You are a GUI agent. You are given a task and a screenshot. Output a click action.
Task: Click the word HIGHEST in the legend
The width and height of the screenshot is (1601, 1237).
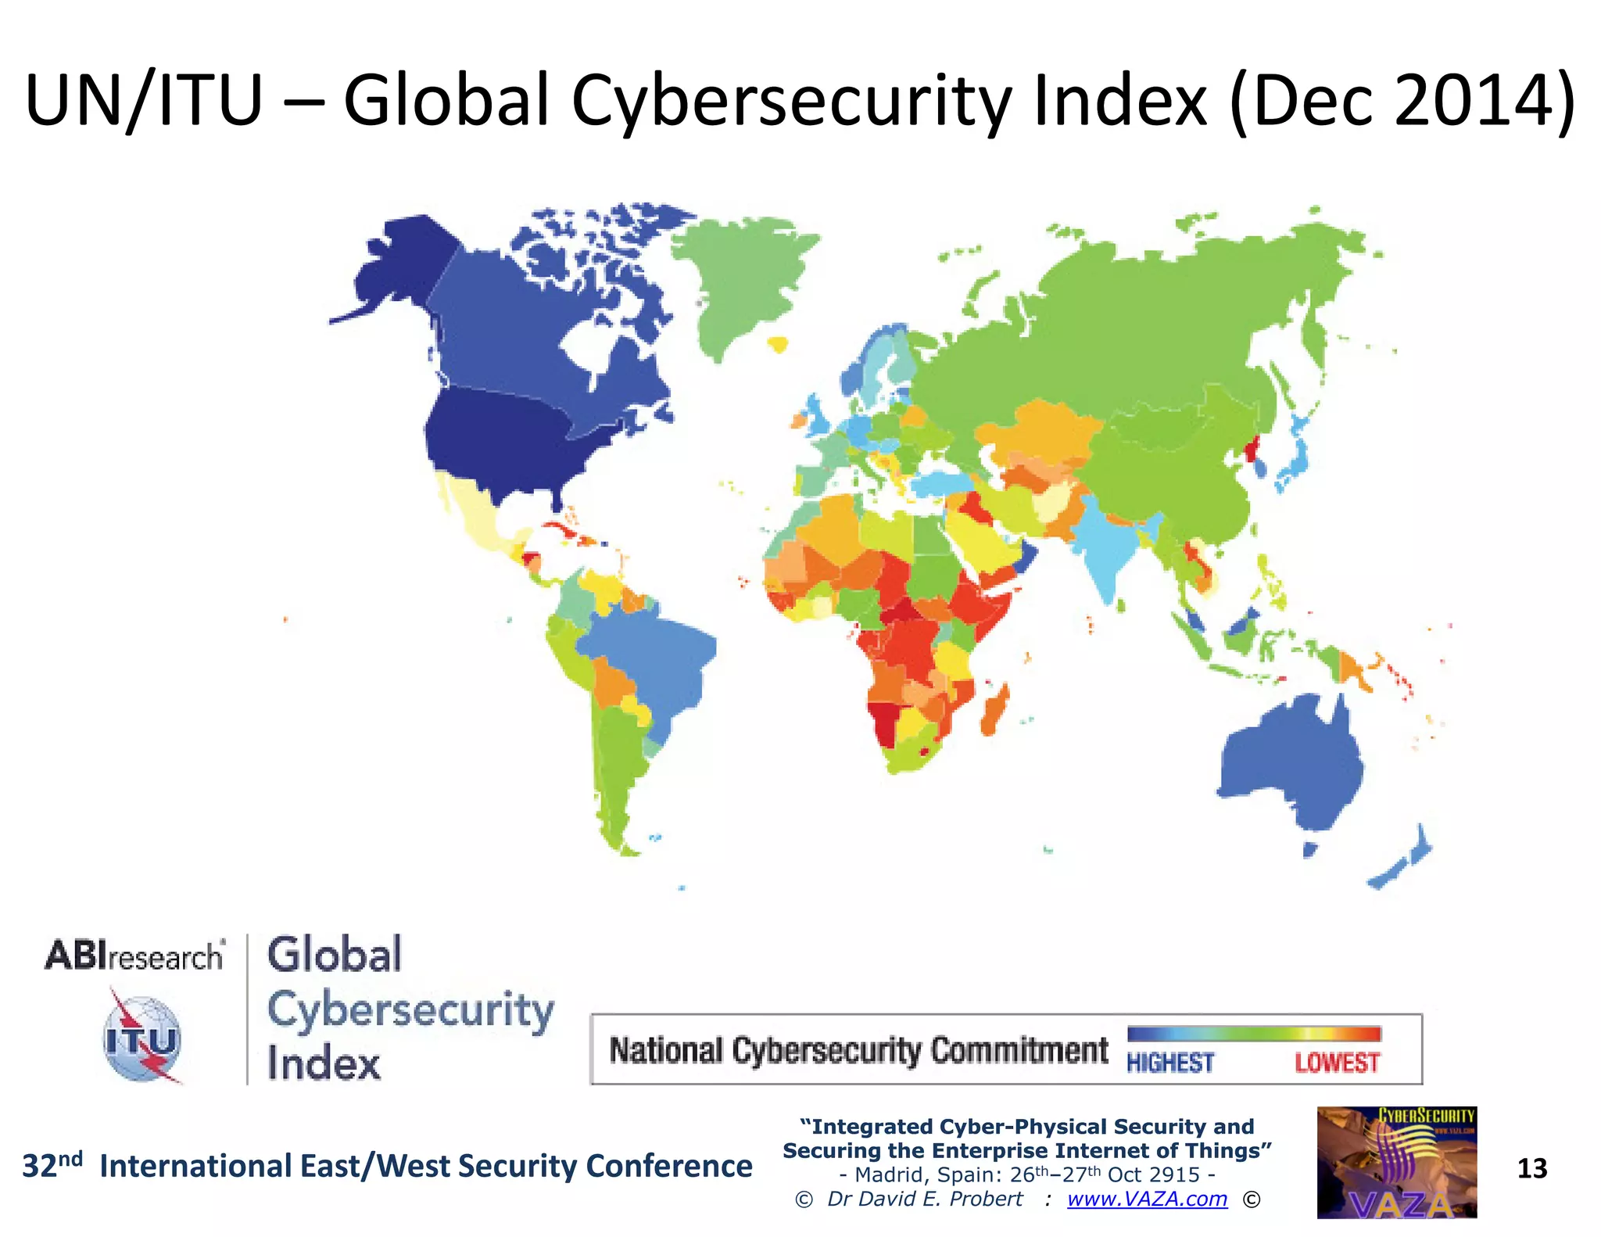(x=1169, y=1063)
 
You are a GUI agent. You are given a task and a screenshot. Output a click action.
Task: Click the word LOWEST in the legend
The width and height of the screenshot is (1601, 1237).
(x=1337, y=1063)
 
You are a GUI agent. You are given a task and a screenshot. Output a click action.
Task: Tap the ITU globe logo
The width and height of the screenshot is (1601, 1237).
(x=143, y=1039)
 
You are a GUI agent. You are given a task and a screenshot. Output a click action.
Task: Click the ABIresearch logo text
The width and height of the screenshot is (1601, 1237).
(x=134, y=956)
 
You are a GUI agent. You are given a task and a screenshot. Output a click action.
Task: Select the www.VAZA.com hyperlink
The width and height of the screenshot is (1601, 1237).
(x=1147, y=1199)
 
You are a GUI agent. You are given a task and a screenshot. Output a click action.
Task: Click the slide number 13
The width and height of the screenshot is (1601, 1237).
(x=1531, y=1168)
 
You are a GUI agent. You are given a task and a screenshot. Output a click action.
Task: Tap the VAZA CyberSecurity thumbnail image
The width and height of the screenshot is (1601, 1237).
(x=1396, y=1162)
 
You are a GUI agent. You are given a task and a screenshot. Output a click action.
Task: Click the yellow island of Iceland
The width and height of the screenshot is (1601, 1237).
(x=777, y=343)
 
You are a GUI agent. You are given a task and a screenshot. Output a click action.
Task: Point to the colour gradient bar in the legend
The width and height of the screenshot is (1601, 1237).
(x=1254, y=1034)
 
